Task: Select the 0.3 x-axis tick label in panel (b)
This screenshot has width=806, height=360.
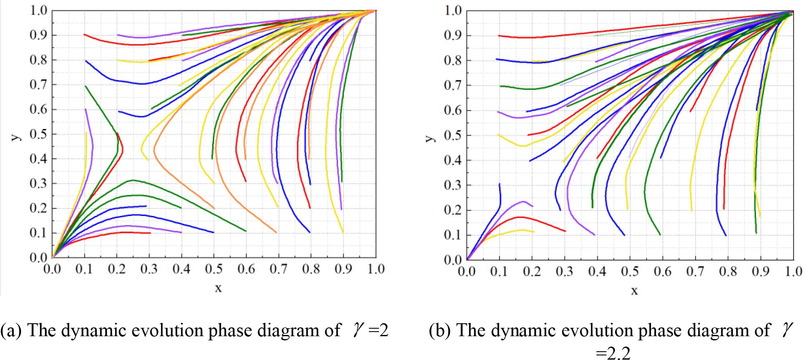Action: (565, 272)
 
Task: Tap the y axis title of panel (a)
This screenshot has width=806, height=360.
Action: (16, 135)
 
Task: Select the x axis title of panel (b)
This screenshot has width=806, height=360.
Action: (634, 291)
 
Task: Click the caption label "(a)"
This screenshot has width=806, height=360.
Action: (12, 331)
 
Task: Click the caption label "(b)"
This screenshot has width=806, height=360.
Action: (442, 331)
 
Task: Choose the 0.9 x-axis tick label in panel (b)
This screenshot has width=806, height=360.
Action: (761, 272)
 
